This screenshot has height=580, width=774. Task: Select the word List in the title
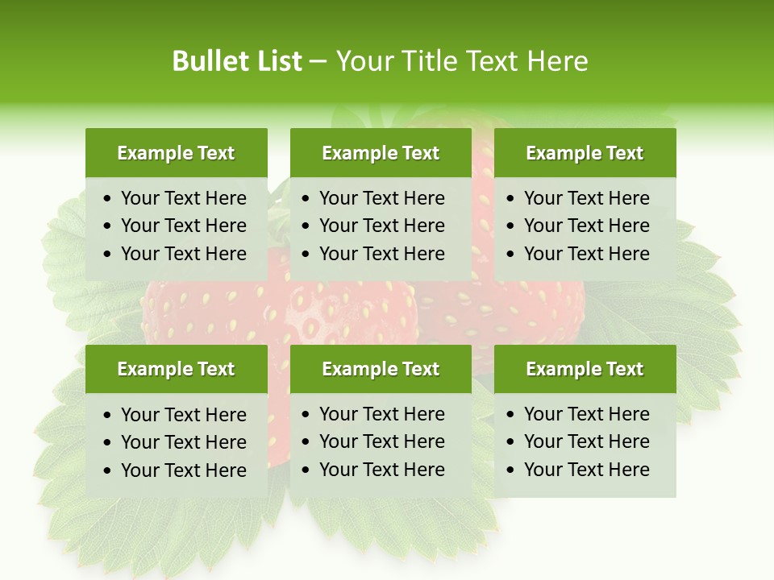point(276,61)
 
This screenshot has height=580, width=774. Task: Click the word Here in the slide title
point(557,61)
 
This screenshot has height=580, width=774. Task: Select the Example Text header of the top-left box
point(176,153)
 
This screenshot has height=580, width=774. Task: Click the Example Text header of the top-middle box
point(381,153)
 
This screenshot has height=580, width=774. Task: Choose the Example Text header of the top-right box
point(585,153)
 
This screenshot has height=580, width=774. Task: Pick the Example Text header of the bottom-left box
point(176,369)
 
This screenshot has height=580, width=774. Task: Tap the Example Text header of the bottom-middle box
point(381,369)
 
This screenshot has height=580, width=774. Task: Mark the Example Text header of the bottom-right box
point(585,369)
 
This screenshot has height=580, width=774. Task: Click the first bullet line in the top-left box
point(183,198)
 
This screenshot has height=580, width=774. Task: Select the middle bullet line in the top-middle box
point(381,226)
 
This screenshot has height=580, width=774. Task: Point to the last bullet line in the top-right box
point(586,254)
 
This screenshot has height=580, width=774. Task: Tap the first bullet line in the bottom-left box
point(183,415)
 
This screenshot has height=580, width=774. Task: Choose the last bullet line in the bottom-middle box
point(381,470)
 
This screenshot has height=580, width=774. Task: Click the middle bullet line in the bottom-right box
point(586,441)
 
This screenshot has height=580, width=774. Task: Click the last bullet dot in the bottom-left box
point(108,470)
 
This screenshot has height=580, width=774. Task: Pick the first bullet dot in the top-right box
point(511,199)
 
